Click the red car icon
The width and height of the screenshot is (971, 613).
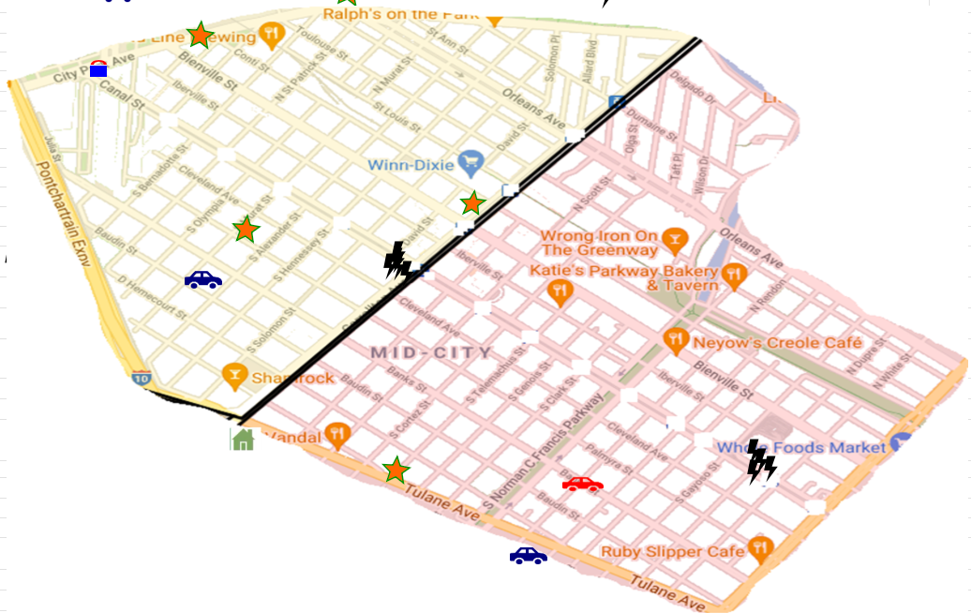582,485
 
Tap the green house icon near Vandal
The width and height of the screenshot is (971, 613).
243,439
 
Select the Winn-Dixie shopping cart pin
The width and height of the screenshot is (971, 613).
471,163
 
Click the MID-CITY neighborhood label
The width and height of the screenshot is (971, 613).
431,353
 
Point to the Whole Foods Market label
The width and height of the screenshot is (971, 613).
801,447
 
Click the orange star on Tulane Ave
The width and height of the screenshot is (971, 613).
396,471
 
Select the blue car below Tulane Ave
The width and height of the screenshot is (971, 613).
528,556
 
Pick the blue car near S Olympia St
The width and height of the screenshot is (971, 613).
203,279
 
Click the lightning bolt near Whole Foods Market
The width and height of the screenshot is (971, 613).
760,462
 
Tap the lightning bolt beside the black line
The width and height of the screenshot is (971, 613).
397,262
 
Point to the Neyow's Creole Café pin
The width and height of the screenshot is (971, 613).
675,341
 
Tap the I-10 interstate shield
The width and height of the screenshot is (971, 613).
141,379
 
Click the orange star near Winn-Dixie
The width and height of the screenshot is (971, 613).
472,203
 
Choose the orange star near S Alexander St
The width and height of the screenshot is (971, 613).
246,229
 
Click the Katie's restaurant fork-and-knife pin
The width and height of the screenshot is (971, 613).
560,291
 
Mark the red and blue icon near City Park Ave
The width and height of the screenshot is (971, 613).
98,67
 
